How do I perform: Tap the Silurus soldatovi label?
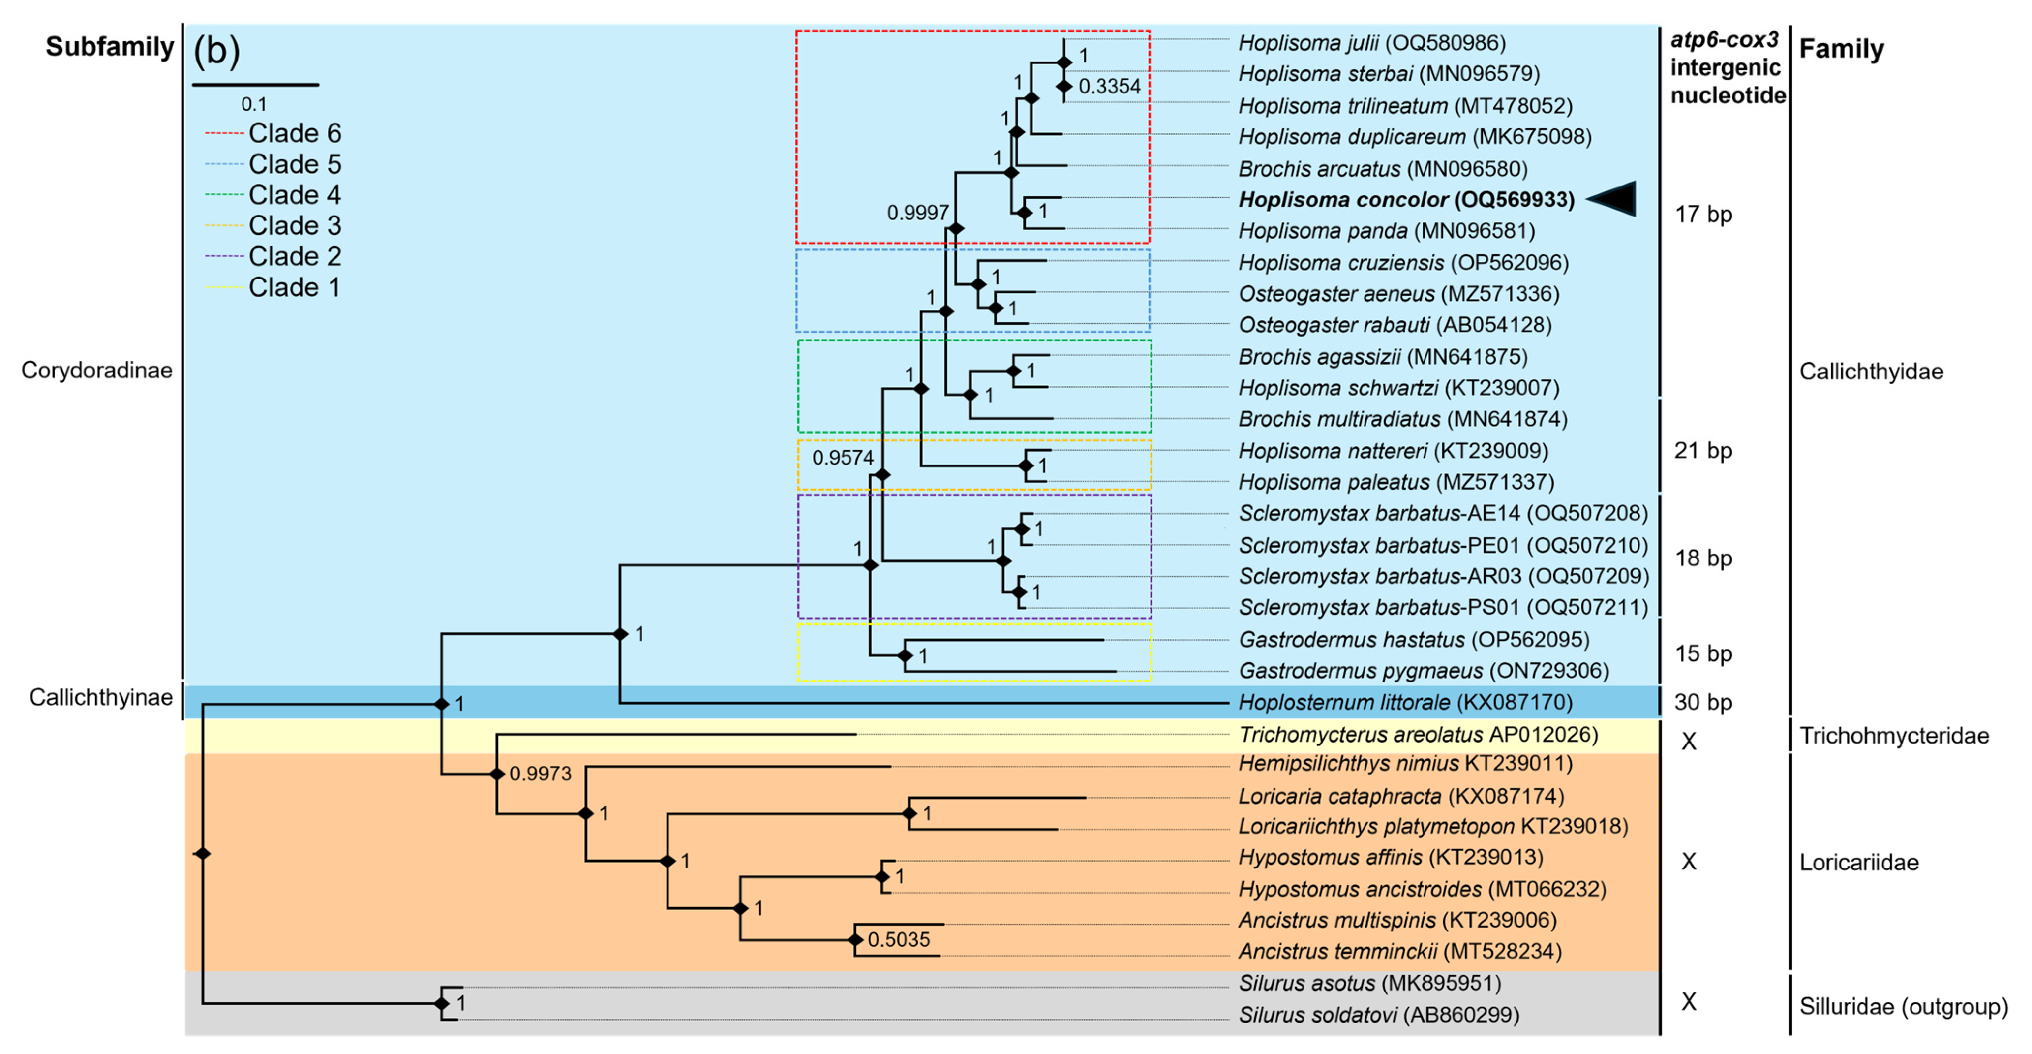(1378, 1015)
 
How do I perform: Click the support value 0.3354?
(1109, 87)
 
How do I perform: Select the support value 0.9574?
(843, 458)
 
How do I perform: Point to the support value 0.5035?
(899, 940)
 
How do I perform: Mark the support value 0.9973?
(540, 773)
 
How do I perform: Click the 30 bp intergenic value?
(1703, 702)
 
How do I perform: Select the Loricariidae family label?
(1858, 862)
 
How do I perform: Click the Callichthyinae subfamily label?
(101, 697)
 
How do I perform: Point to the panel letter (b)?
(217, 51)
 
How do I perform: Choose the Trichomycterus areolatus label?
(1418, 735)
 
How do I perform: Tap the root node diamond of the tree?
(203, 854)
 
